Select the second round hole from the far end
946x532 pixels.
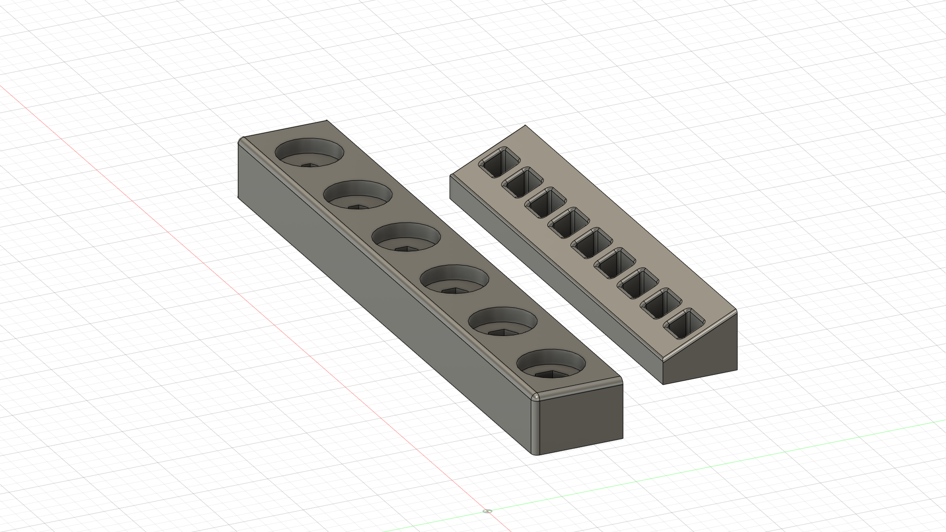358,196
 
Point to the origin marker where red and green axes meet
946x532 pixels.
488,511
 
